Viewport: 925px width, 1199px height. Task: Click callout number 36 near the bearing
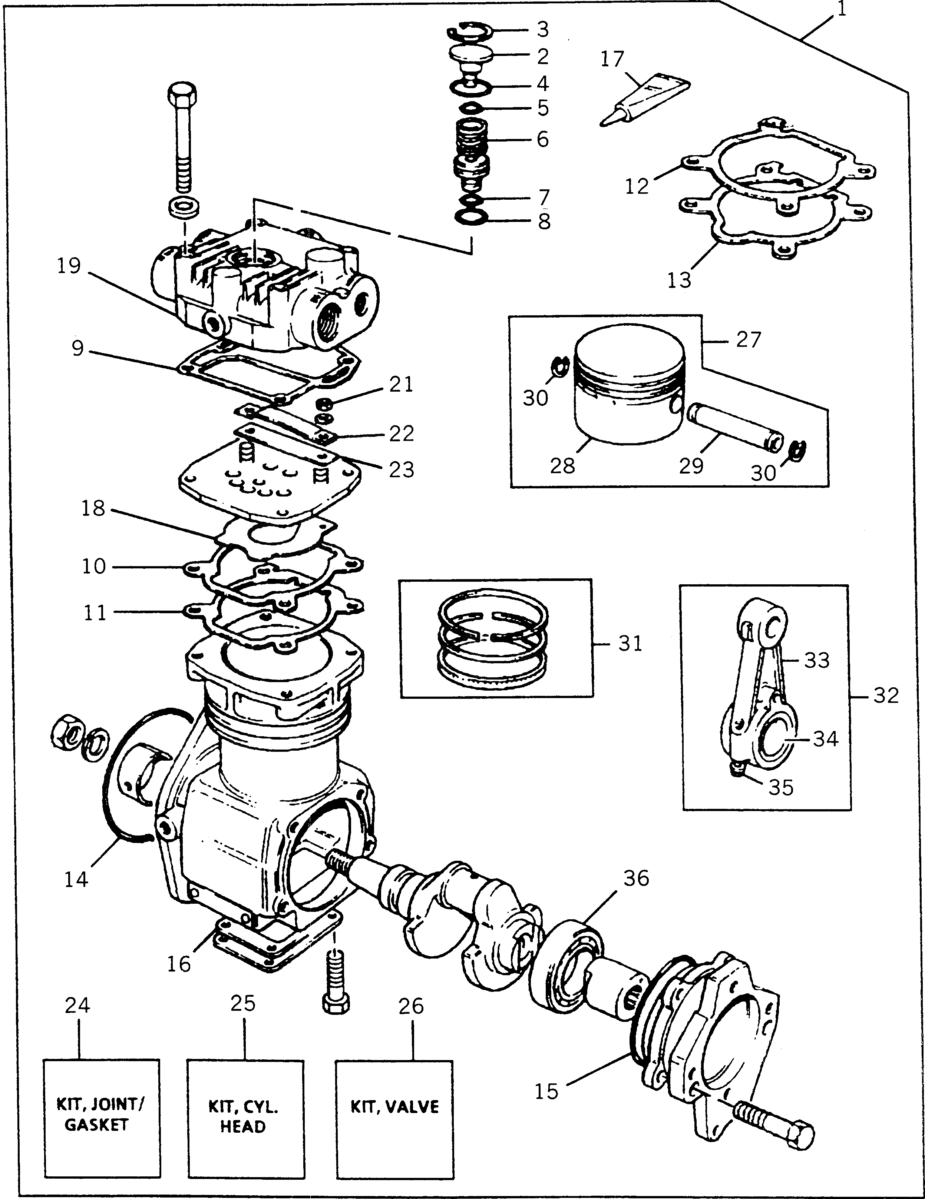tap(636, 879)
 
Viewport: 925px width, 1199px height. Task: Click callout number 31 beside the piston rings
tap(630, 644)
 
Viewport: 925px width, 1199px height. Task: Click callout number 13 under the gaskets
tap(679, 280)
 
